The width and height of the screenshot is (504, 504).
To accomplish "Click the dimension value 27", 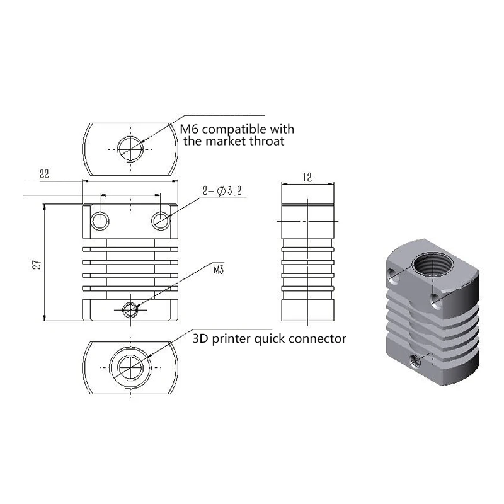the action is click(37, 265).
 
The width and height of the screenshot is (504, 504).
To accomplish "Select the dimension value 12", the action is click(307, 178).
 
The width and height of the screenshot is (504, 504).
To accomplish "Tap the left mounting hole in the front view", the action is click(100, 220).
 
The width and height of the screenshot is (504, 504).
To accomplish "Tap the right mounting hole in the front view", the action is click(160, 220).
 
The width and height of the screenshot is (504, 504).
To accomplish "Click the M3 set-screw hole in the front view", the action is click(130, 309).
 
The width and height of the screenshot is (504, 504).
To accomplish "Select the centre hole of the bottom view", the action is click(131, 364).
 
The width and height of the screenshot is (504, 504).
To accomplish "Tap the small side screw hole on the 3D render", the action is click(415, 361).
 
